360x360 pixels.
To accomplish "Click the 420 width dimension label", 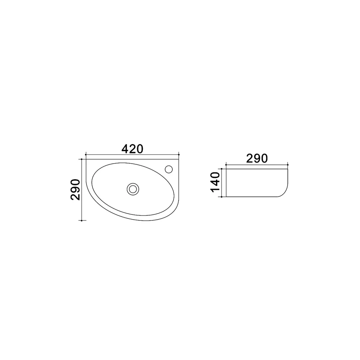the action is tap(132, 149).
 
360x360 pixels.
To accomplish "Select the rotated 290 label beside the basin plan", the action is tap(75, 190).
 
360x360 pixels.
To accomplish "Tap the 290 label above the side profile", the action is tap(257, 158).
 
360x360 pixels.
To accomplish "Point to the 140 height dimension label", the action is tap(215, 182).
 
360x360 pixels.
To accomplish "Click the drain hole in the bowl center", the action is tap(133, 189).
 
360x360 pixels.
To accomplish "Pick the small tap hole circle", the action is tap(169, 169).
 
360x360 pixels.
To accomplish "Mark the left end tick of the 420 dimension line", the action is tap(86, 155).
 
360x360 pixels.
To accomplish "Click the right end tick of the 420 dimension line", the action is tap(179, 155).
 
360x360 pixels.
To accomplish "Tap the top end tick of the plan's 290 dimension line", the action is tap(82, 159).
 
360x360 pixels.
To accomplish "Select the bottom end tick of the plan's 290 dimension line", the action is tap(82, 220).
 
